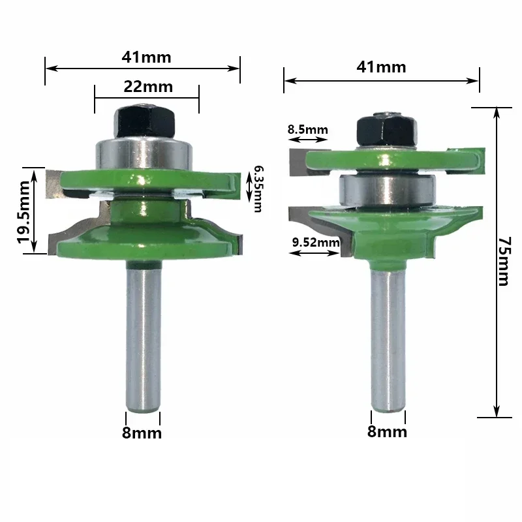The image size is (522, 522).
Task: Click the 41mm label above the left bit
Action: (x=146, y=57)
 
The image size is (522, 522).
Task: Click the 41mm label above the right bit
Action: (x=381, y=67)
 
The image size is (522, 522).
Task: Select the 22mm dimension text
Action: (x=147, y=86)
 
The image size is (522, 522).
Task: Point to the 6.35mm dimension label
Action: (x=258, y=189)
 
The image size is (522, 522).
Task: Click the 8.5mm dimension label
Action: (x=307, y=130)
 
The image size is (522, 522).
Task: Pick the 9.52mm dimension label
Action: (x=316, y=243)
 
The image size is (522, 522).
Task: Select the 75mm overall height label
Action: (x=502, y=261)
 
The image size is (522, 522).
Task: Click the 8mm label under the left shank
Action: (x=142, y=433)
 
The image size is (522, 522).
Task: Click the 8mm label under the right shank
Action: (x=388, y=431)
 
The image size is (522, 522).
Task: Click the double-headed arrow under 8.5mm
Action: (x=307, y=140)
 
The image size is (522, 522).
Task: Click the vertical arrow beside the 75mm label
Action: (x=497, y=261)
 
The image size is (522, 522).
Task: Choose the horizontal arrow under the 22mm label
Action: (x=146, y=98)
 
